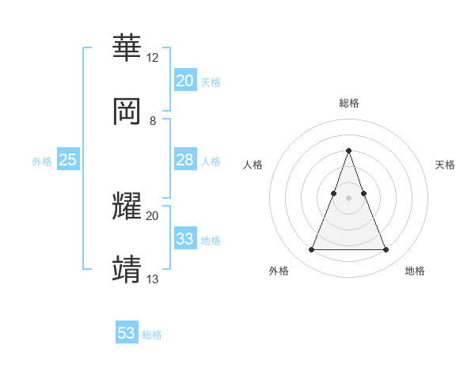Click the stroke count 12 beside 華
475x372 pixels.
[x=152, y=58]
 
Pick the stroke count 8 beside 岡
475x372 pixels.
[x=152, y=121]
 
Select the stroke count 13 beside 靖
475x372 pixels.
[x=152, y=279]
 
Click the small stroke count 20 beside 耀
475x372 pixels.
[x=152, y=215]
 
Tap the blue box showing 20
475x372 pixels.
[x=184, y=81]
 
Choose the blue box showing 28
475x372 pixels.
[x=184, y=160]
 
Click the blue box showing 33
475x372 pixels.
[x=184, y=239]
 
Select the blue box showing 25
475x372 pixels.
[x=67, y=160]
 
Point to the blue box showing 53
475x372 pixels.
[x=127, y=333]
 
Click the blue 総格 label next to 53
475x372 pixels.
[x=152, y=335]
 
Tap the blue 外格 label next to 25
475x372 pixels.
[x=42, y=161]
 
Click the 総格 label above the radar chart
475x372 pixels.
[x=348, y=103]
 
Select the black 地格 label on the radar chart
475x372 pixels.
[x=415, y=271]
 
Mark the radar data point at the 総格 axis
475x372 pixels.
[x=348, y=150]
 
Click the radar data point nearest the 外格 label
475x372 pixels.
[x=311, y=250]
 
